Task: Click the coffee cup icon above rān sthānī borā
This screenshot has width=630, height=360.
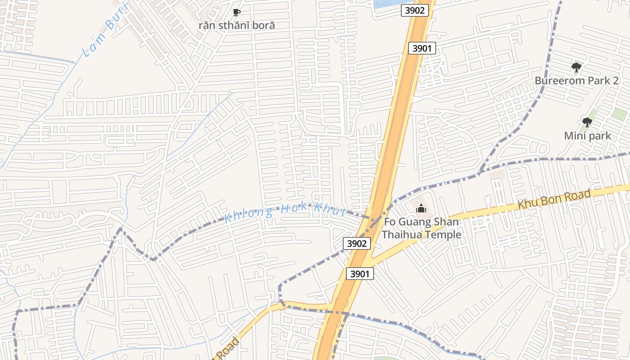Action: point(237,12)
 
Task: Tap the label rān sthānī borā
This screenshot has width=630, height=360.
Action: point(237,25)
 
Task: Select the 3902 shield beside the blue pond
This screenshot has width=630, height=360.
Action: point(414,10)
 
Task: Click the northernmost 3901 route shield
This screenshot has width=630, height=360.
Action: point(422,48)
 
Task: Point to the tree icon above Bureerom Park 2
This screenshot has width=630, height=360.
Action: point(576,68)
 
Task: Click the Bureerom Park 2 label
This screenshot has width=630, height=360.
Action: point(576,81)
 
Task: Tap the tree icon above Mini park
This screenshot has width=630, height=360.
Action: point(587,122)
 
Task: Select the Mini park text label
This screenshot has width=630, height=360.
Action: point(588,135)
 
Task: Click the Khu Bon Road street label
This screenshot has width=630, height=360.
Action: point(554,199)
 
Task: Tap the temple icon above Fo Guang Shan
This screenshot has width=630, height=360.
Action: point(421,208)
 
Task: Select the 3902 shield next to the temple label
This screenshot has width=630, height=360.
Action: point(357,243)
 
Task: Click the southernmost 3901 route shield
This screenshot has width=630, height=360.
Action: point(360,273)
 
